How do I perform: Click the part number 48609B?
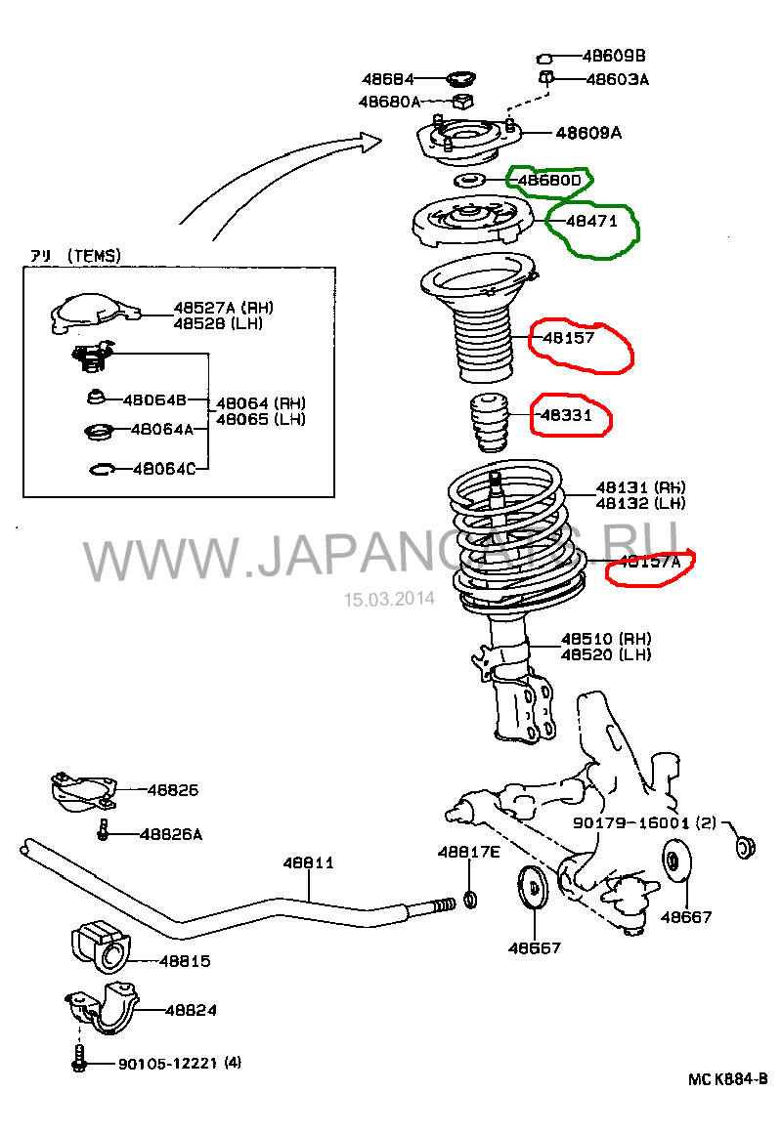coord(614,56)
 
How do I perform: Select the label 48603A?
coord(617,79)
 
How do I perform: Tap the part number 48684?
coord(387,79)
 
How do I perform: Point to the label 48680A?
coord(389,102)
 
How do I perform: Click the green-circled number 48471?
coord(591,221)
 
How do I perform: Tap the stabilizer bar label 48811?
coord(309,862)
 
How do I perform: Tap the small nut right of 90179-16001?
coord(748,845)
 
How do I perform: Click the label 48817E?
coord(468,852)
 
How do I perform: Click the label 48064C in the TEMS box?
coord(163,469)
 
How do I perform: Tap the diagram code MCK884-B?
coord(727,1078)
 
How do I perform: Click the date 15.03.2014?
coord(388,600)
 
